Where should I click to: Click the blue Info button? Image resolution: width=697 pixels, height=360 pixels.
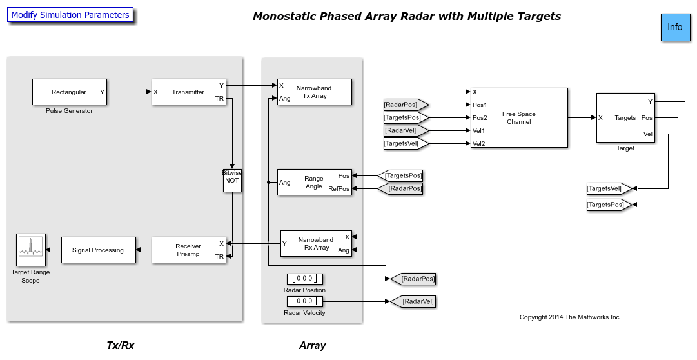point(674,28)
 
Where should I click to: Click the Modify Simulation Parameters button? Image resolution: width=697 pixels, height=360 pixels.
point(70,15)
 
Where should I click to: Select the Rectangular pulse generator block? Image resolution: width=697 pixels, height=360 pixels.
point(69,92)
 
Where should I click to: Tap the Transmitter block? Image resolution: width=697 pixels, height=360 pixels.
point(188,92)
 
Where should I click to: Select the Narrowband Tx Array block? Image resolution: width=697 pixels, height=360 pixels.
point(314,92)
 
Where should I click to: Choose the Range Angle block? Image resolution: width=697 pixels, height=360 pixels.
point(314,182)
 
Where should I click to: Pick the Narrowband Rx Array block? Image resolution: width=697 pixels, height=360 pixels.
point(316,243)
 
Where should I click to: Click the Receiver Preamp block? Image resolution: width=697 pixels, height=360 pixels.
point(188,250)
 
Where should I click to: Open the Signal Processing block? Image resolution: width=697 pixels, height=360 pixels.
point(98,250)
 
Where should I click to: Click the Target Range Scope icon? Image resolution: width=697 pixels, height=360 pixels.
point(30,250)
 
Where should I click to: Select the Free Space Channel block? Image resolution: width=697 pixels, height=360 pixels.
point(519,117)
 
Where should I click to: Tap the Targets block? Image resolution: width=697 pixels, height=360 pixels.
point(625,117)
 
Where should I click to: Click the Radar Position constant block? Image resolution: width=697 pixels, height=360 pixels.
point(305,279)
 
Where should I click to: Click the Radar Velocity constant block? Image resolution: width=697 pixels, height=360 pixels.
point(305,301)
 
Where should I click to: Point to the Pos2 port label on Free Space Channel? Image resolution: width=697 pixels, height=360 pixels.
point(480,117)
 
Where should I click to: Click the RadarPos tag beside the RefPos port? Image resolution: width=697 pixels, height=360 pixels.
point(404,188)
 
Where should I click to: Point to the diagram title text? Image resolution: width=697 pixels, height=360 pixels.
point(406,16)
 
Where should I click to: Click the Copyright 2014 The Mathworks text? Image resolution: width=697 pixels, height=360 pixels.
point(570,317)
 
